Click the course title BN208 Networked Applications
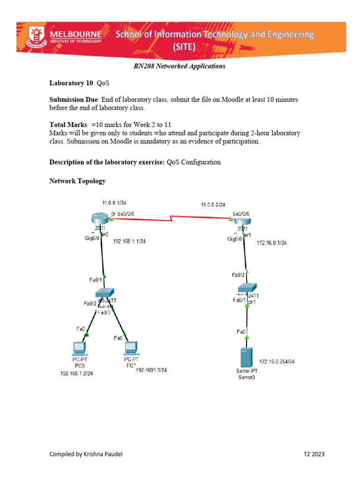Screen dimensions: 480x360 click(x=180, y=66)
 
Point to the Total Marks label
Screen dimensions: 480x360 click(x=68, y=125)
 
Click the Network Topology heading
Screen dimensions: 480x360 click(x=77, y=181)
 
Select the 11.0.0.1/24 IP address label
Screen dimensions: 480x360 click(x=114, y=203)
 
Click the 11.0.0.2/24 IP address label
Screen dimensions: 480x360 click(x=213, y=205)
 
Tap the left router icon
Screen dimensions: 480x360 click(x=100, y=218)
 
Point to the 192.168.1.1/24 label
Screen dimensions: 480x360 click(x=129, y=241)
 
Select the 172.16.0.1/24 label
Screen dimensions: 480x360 click(x=271, y=243)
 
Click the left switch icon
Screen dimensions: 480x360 click(x=105, y=292)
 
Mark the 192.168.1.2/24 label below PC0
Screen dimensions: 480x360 click(x=76, y=374)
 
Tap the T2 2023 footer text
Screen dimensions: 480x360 click(x=314, y=454)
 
